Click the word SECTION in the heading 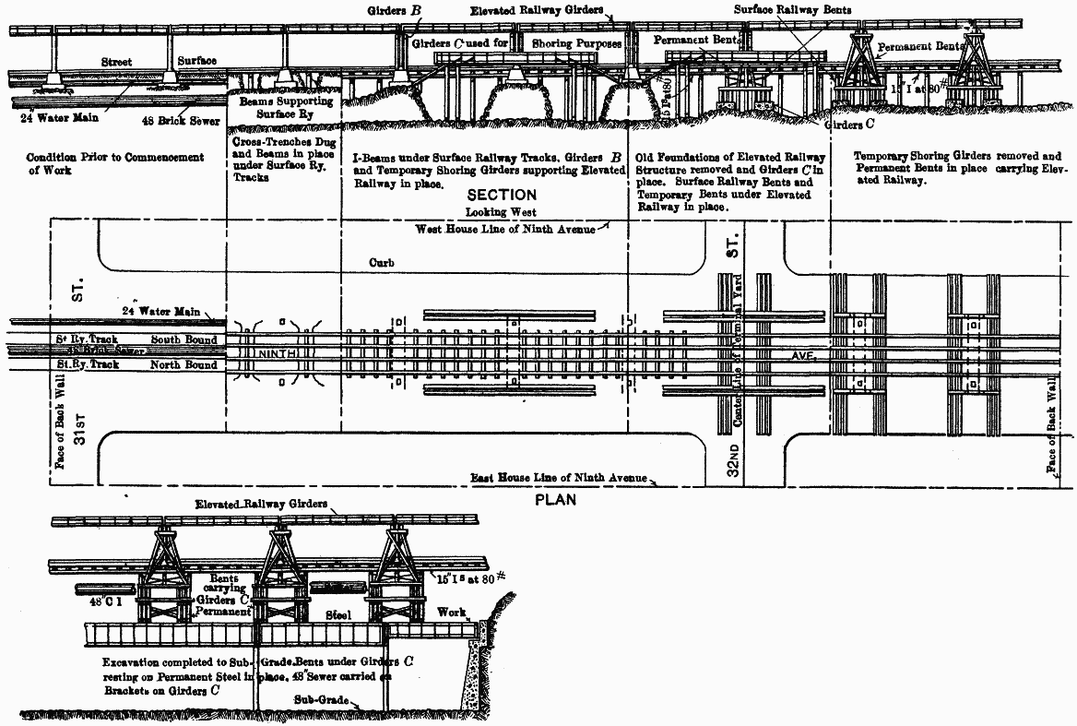tap(501, 196)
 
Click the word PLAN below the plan tap(555, 500)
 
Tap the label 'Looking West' tap(501, 212)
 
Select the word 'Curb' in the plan tap(382, 263)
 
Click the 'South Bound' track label tap(184, 339)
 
